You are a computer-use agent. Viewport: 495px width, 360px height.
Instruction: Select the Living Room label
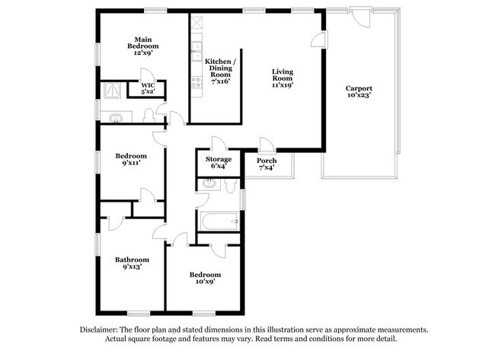pos(283,78)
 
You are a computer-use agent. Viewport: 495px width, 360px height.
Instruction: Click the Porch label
pos(266,164)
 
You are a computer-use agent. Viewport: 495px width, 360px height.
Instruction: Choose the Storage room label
pos(218,162)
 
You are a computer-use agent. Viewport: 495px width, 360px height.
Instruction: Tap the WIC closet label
pos(148,88)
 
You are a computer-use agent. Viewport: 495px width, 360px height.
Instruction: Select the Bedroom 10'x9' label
pos(205,278)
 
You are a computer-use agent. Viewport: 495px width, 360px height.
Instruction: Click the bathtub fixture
pos(219,221)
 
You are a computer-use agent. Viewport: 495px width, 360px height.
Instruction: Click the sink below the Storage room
pos(208,183)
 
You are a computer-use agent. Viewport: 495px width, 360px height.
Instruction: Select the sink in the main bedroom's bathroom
pos(116,117)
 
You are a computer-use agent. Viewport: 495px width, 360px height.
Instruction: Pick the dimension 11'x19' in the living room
pos(283,84)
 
